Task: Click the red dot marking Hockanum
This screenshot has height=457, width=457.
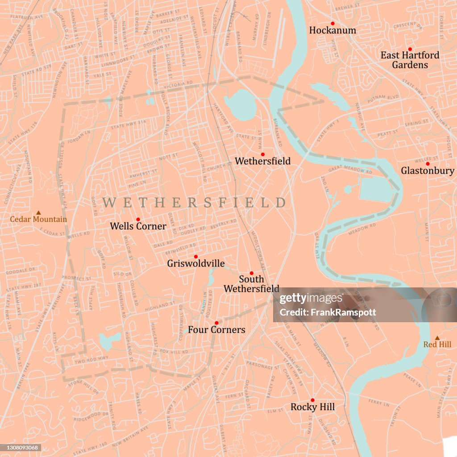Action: tap(332, 23)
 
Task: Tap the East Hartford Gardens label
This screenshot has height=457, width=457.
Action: tap(410, 60)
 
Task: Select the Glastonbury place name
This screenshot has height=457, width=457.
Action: tap(427, 170)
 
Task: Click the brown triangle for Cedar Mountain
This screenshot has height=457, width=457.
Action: tap(38, 213)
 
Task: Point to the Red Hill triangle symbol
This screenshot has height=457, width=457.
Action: tap(437, 338)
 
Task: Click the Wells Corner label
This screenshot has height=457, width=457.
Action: tap(138, 226)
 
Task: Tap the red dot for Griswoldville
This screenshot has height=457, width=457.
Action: tap(195, 257)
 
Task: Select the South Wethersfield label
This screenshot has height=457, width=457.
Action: tap(251, 284)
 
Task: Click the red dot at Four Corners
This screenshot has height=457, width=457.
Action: tap(216, 323)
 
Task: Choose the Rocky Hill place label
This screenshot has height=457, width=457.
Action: tap(312, 407)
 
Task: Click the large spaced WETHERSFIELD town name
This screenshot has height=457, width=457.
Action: tap(194, 203)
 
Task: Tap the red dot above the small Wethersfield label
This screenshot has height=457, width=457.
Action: tap(262, 154)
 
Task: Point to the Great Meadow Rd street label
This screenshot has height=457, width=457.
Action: tap(350, 170)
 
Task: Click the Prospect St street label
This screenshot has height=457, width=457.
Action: tap(76, 278)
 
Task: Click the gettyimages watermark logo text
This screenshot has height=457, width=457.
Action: tap(311, 299)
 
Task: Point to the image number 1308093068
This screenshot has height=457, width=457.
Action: tap(21, 448)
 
